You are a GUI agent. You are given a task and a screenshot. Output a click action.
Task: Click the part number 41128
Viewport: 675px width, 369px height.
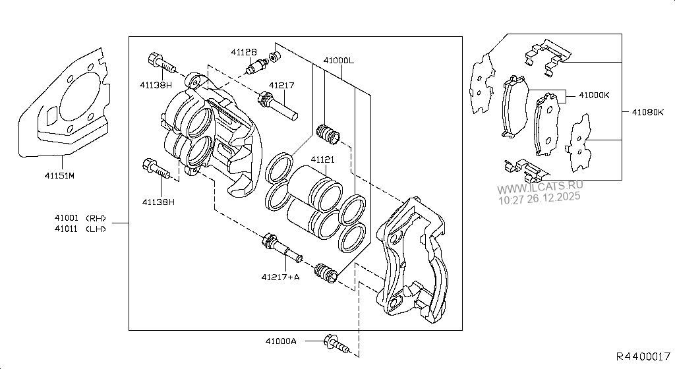point(244,51)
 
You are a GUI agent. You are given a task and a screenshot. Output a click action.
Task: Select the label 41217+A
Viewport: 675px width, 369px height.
point(281,277)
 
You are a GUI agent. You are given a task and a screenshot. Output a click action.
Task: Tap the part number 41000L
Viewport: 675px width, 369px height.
point(339,60)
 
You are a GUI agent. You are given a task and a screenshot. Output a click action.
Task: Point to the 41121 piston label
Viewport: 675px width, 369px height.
point(323,159)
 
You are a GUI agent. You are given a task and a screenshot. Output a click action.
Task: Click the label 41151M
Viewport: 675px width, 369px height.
point(59,176)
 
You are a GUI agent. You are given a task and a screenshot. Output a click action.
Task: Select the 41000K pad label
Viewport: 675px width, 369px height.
point(594,95)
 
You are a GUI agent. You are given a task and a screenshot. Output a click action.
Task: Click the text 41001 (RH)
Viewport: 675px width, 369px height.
point(80,218)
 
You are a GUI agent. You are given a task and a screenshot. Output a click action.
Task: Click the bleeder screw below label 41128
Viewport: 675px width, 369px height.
point(256,66)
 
